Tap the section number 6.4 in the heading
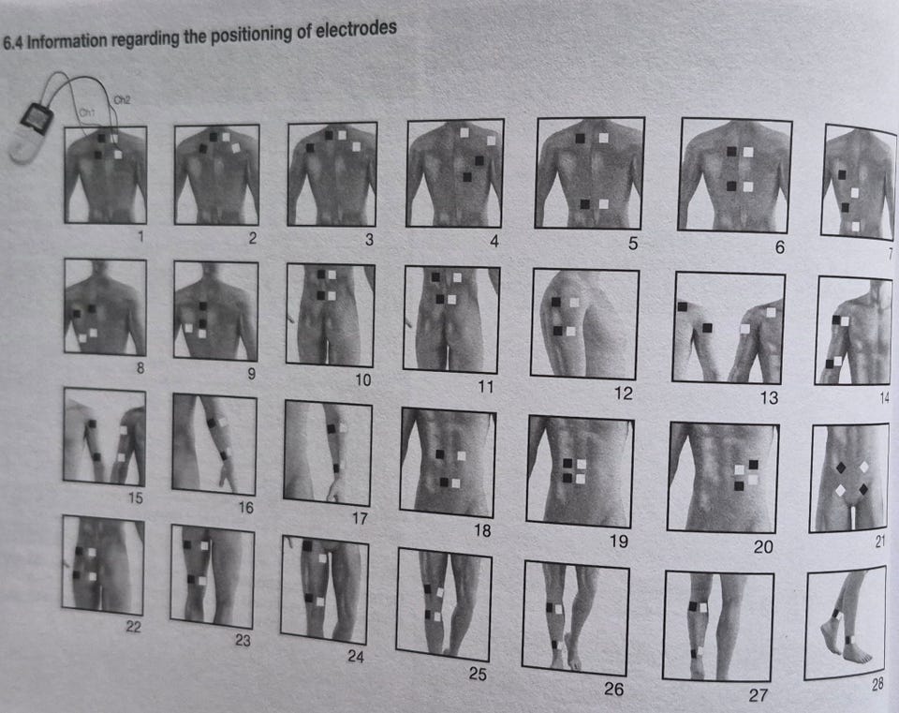(13, 43)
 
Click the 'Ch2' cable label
(122, 100)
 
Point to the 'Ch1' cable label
(86, 111)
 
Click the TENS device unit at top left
(32, 131)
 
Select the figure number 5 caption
(633, 244)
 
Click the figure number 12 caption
(624, 393)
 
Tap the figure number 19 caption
(619, 541)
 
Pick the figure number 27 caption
(758, 695)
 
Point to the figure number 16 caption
(245, 508)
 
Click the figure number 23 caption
(243, 640)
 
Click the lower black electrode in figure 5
(584, 204)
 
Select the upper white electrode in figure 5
(603, 138)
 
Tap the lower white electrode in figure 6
(747, 186)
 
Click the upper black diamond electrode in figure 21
(841, 468)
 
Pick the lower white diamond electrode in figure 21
(841, 490)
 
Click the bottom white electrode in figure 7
(855, 227)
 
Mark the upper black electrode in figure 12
(555, 302)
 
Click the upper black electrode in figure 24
(307, 546)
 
